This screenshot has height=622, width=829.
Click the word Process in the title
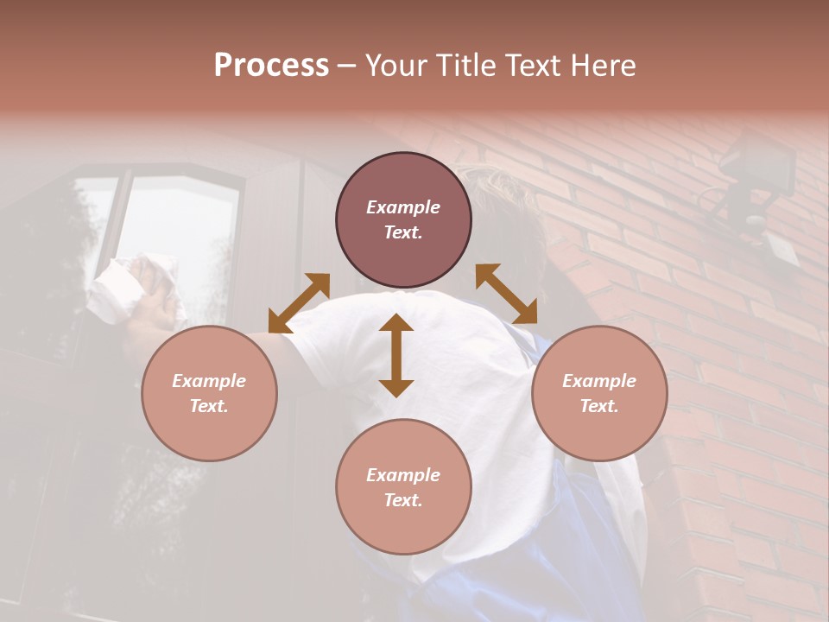coord(271,66)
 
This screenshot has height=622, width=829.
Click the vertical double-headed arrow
coord(396,355)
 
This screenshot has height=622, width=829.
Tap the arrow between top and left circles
coord(299,302)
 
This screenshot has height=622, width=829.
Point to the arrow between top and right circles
coord(506,294)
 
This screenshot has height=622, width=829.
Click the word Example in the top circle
coord(403,207)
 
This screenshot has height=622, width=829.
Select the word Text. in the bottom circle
coord(403,500)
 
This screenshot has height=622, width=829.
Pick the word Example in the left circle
coord(209,381)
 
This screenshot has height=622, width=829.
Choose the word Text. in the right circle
coord(599,406)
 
